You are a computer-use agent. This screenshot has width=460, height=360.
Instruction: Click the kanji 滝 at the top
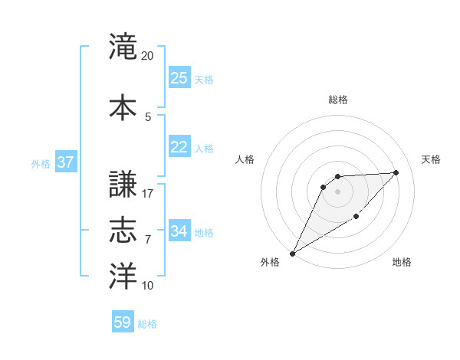click(x=123, y=47)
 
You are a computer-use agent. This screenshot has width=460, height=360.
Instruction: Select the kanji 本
click(x=123, y=106)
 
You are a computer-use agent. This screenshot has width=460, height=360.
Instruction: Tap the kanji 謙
click(x=123, y=184)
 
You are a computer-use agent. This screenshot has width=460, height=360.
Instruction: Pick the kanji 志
click(x=123, y=230)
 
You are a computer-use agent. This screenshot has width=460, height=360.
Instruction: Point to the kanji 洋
click(x=123, y=277)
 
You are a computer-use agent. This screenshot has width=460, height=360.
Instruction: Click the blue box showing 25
click(x=179, y=78)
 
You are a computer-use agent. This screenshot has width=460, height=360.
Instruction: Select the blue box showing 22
click(x=179, y=147)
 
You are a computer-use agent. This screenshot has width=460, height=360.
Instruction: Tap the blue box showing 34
click(x=179, y=231)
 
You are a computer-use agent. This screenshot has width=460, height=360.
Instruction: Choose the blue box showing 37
click(x=65, y=162)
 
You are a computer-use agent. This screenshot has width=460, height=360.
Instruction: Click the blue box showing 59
click(x=123, y=322)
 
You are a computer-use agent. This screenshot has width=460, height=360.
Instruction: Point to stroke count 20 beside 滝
click(x=148, y=56)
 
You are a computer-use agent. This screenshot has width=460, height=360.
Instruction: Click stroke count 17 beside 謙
click(x=148, y=194)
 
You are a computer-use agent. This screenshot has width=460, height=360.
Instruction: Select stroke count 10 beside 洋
click(x=148, y=286)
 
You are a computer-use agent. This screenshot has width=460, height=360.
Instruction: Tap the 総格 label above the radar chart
click(x=337, y=100)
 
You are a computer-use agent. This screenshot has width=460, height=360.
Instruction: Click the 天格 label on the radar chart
click(x=431, y=159)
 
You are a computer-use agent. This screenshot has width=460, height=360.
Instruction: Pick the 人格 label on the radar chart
click(x=245, y=159)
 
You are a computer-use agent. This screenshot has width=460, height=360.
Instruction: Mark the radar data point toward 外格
click(x=292, y=253)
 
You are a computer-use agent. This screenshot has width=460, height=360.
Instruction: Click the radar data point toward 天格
click(x=396, y=172)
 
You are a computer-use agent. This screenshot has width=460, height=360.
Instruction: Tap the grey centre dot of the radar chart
click(x=337, y=191)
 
